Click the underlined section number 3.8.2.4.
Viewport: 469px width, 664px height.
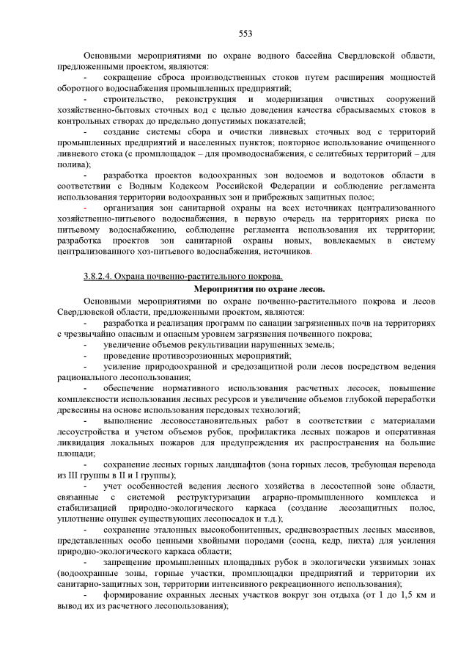tap(101, 276)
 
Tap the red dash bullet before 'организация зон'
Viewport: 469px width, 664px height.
tap(86, 208)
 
